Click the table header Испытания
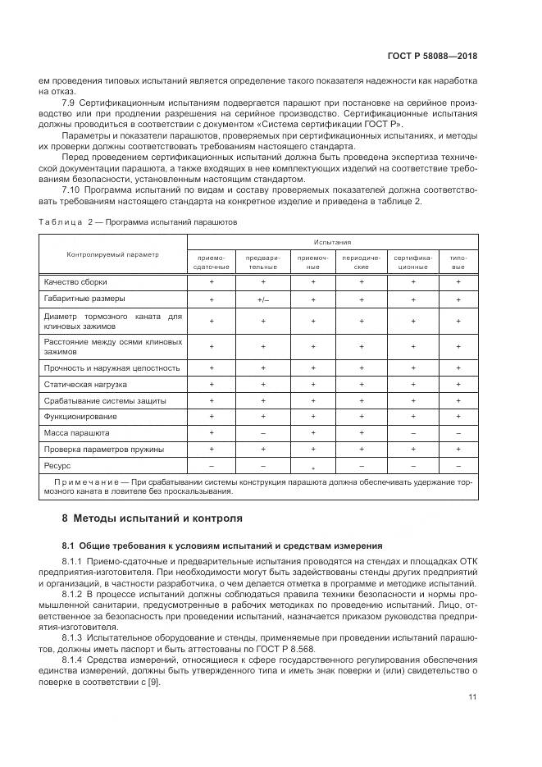coord(332,243)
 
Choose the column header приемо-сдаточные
coord(211,262)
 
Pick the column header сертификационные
coord(412,262)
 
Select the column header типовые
coord(458,262)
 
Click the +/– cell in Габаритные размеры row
coord(262,300)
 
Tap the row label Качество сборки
coord(75,281)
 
